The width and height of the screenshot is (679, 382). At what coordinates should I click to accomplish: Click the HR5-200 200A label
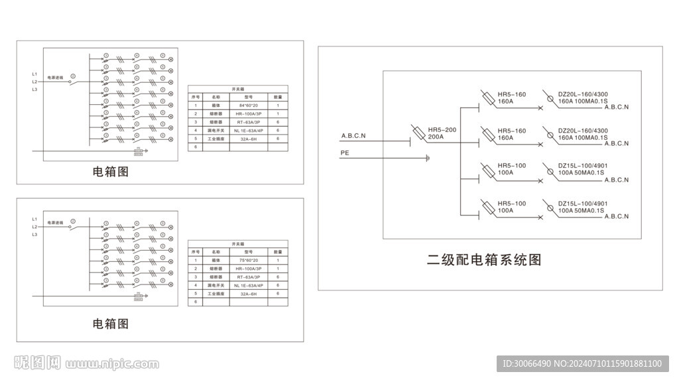[442, 133]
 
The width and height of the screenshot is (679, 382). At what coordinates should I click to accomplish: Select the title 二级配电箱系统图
[484, 259]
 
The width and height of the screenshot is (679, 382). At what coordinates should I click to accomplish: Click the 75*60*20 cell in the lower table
[248, 261]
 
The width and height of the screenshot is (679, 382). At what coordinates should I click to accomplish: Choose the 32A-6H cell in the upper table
[248, 139]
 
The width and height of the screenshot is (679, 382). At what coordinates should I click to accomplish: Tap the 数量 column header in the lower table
[278, 252]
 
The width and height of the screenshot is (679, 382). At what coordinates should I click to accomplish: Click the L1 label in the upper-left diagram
[34, 74]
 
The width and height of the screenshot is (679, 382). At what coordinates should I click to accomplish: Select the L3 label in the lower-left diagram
[34, 235]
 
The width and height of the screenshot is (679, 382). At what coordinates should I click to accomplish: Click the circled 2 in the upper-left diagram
[73, 77]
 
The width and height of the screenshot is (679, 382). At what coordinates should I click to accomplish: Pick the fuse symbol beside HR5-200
[418, 131]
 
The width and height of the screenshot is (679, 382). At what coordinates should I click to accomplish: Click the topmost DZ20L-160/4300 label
[584, 94]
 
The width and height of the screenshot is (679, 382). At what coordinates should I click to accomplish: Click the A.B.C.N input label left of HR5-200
[353, 136]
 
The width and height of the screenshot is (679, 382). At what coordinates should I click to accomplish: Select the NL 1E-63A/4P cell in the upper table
[248, 130]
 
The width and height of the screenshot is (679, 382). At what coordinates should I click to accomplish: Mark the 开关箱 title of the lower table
[238, 244]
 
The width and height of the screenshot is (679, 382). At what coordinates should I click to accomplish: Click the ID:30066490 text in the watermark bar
[527, 363]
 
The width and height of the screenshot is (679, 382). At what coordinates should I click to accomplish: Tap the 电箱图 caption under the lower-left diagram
[110, 324]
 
